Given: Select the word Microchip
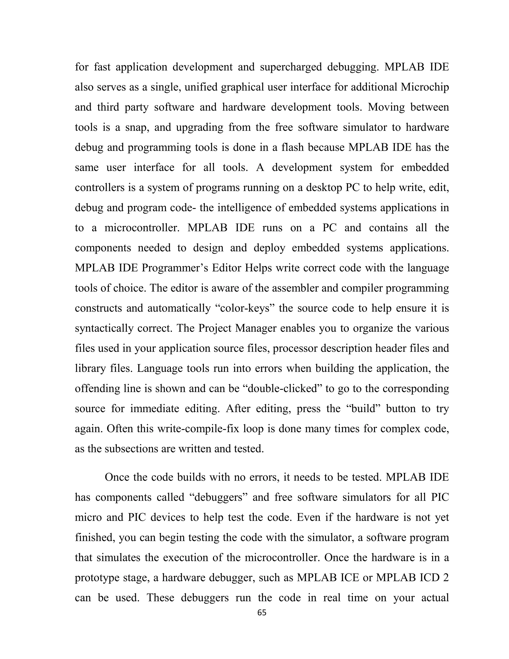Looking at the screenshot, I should [424, 87].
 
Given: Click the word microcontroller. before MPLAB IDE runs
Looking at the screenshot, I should [142, 228].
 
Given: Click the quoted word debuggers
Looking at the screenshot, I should [219, 497].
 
